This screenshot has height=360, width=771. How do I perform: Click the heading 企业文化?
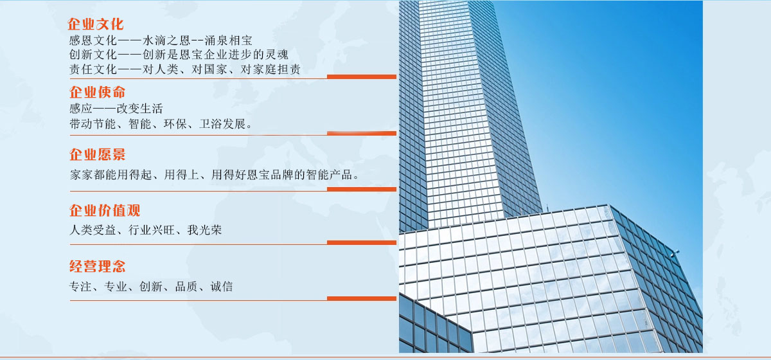(x=95, y=24)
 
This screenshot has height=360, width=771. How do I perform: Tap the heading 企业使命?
(x=98, y=92)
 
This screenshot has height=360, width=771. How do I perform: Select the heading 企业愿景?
(x=98, y=154)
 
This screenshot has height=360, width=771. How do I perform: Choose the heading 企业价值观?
(x=105, y=210)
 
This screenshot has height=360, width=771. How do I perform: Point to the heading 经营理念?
(x=98, y=266)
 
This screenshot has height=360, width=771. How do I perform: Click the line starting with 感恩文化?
(x=161, y=40)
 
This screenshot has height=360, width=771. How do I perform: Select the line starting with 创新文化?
(x=179, y=55)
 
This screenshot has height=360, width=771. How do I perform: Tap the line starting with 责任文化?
(x=185, y=69)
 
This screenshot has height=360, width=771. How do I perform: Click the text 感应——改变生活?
(x=116, y=109)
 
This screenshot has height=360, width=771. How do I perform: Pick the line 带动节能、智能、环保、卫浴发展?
(x=161, y=123)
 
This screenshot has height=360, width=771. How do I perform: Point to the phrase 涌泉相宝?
(x=229, y=40)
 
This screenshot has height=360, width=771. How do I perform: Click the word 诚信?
(x=222, y=286)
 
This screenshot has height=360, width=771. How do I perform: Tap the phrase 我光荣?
(x=204, y=230)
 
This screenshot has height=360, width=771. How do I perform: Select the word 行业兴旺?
(x=152, y=230)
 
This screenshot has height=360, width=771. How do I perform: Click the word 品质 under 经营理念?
(x=186, y=286)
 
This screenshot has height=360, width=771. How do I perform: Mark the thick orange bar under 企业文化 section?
(x=361, y=77)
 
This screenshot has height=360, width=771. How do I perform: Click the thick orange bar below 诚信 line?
(x=361, y=299)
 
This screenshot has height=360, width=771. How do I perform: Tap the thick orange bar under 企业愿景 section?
(x=361, y=189)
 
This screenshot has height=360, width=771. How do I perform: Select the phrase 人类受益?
(x=93, y=230)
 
